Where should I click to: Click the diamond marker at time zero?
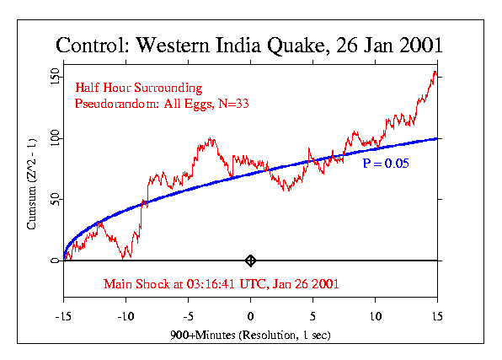click(x=250, y=261)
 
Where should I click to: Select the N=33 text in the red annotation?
click(x=238, y=104)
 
